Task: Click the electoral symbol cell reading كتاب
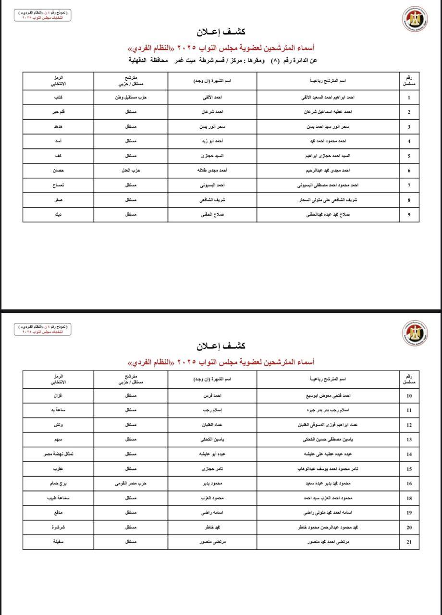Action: click(x=58, y=98)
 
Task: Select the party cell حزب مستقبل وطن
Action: click(x=130, y=98)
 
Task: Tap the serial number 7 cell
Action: click(x=409, y=185)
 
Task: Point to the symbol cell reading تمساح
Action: click(x=58, y=185)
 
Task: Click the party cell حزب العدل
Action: click(x=130, y=171)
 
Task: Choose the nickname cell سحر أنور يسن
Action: click(x=212, y=127)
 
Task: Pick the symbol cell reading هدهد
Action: click(x=58, y=127)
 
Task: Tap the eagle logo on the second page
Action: click(x=415, y=332)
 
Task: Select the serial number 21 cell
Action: click(x=409, y=542)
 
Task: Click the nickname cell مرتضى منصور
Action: click(x=212, y=542)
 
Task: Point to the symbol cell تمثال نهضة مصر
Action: click(x=58, y=454)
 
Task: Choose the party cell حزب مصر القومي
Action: click(x=130, y=483)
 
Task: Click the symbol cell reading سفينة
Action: click(x=58, y=542)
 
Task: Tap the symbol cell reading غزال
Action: click(x=58, y=396)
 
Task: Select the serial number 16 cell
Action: click(x=409, y=483)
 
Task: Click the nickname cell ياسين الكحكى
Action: click(x=212, y=440)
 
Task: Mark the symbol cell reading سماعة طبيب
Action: click(x=58, y=498)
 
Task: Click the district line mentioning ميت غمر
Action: click(x=223, y=61)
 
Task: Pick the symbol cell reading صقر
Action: click(x=58, y=200)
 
